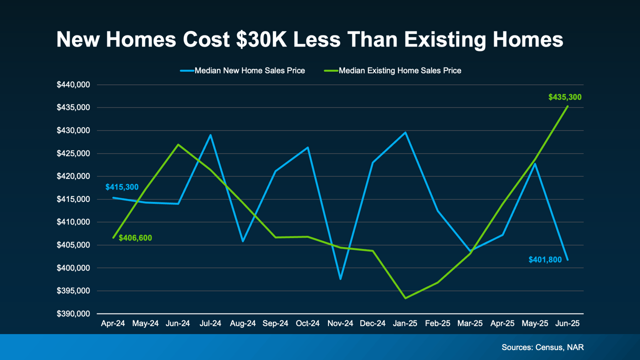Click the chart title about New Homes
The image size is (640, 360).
309,39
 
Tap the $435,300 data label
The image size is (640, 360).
564,97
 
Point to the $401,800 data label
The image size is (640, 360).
545,259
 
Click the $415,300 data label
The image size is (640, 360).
122,187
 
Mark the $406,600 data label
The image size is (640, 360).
135,238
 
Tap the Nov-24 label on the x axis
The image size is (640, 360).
340,323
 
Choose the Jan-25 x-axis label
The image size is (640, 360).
405,323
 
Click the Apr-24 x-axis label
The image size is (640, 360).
113,323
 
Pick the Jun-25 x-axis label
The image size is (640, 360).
567,323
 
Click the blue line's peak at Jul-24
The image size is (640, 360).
210,135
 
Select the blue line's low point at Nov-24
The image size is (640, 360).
340,279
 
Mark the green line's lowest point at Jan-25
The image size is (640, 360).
405,298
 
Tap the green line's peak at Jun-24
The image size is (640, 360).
178,144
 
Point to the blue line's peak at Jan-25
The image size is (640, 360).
405,132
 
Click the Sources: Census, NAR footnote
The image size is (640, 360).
542,347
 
